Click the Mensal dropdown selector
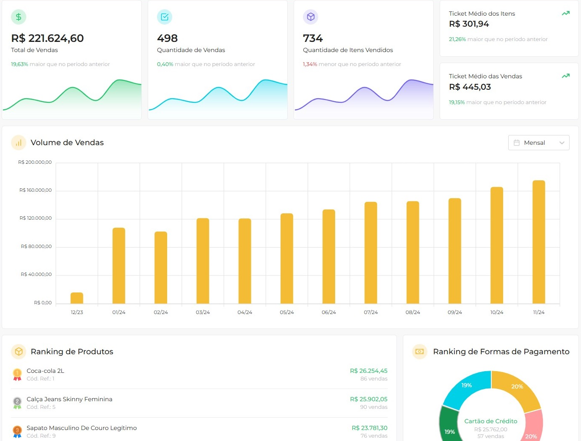coord(538,143)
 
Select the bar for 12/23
coord(77,298)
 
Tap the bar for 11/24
coord(538,242)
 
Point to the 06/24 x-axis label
coord(328,312)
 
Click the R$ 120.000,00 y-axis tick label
coord(36,218)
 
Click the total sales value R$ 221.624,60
coord(47,39)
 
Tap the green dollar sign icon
coord(19,17)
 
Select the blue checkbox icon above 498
coord(165,17)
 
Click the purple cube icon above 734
coord(311,17)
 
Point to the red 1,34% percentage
coord(310,64)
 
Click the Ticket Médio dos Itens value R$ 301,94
coord(469,24)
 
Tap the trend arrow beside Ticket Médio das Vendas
coord(565,76)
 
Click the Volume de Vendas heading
coord(67,143)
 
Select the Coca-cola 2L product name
coord(45,371)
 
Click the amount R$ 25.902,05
coord(368,399)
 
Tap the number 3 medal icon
coord(17,431)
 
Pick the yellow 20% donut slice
coord(516,387)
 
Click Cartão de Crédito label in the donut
coord(490,421)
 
